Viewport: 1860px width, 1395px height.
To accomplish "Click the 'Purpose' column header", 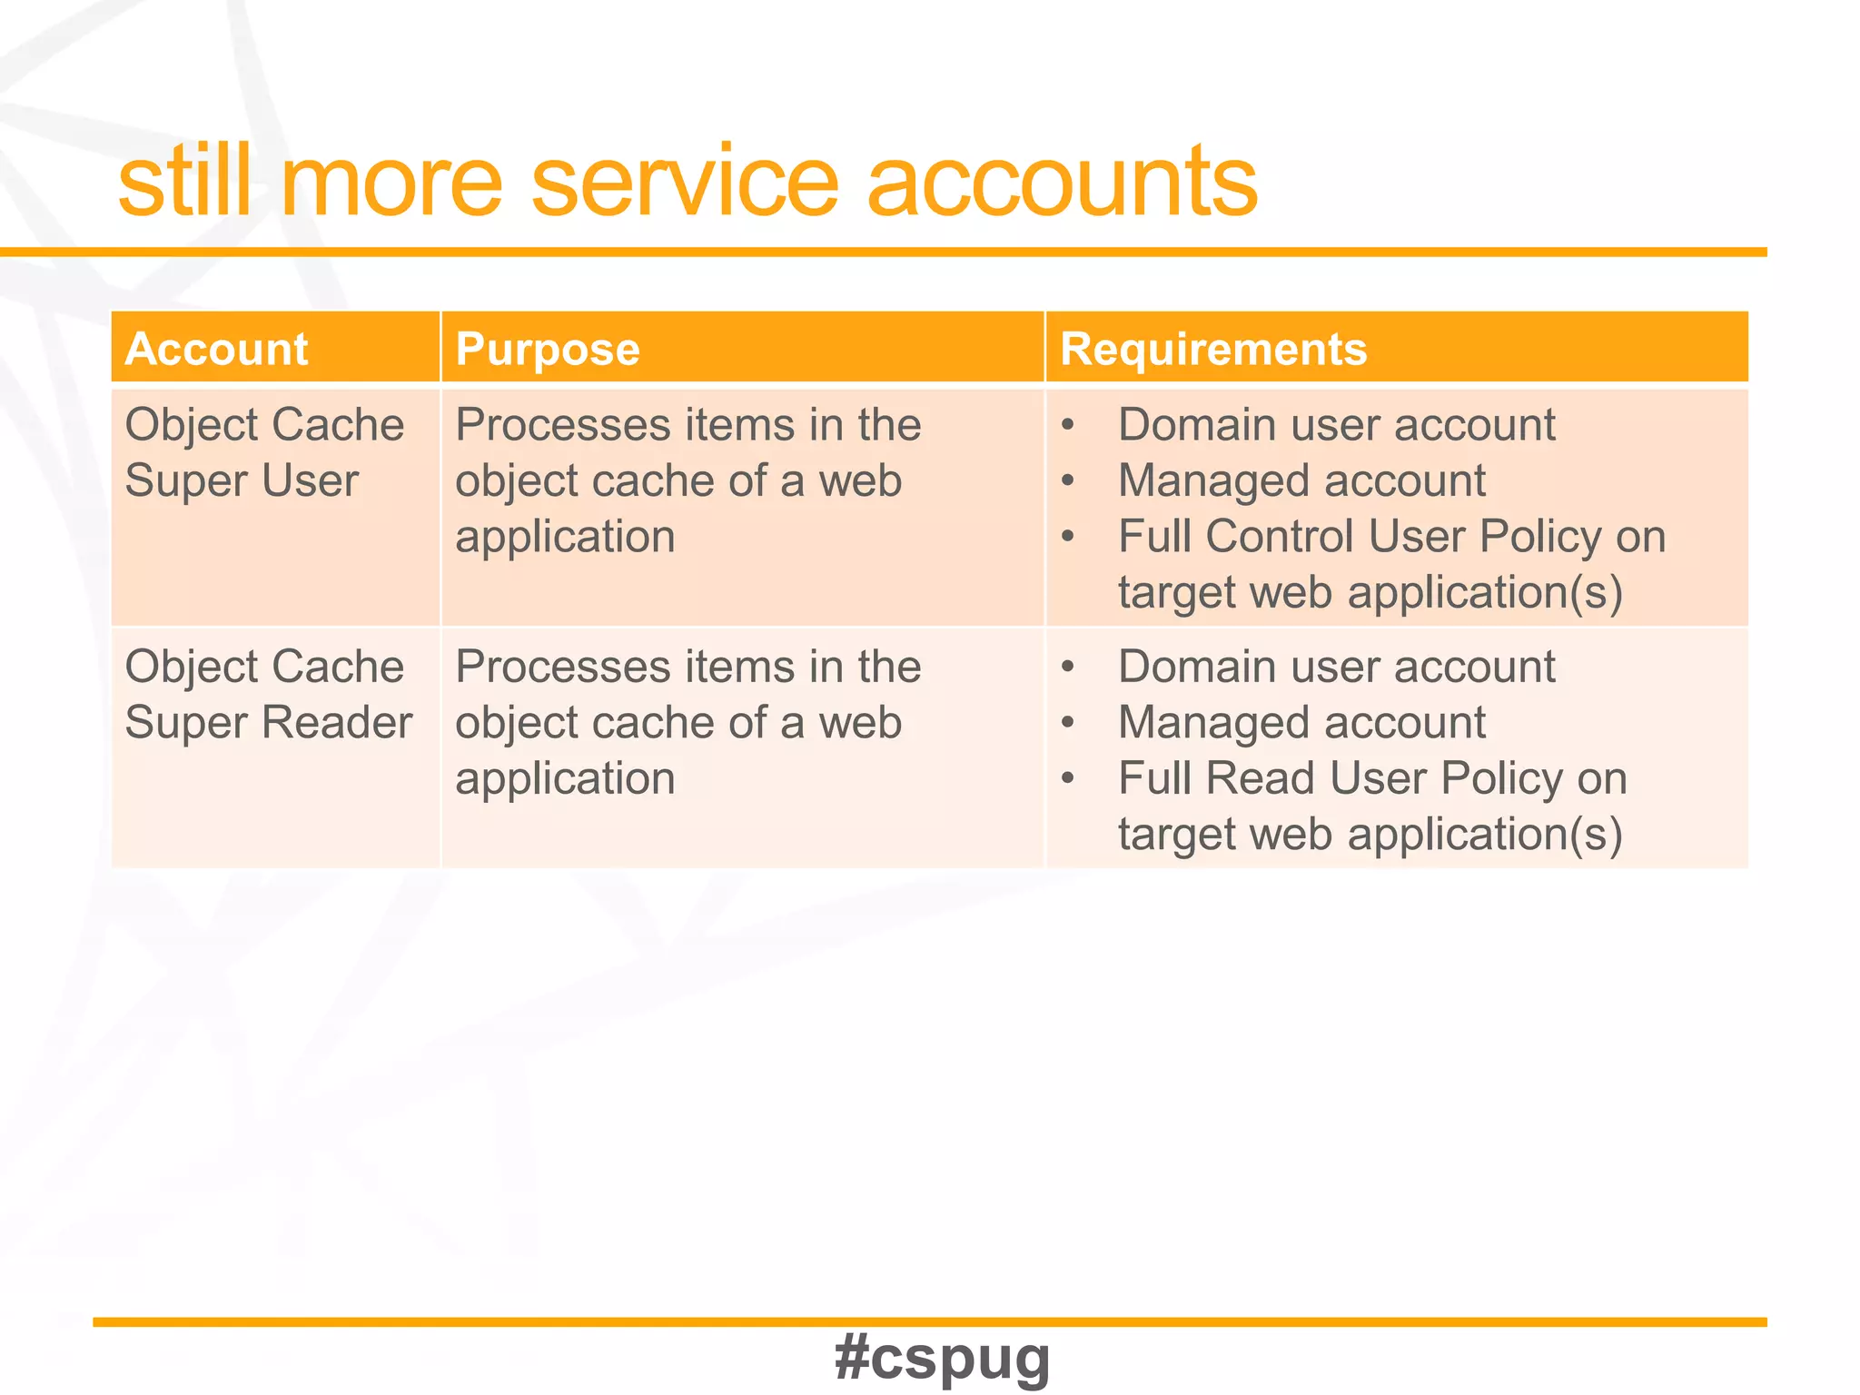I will [x=548, y=349].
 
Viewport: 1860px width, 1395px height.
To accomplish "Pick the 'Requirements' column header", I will [x=1213, y=349].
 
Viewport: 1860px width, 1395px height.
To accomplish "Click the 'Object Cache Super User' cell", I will [x=263, y=452].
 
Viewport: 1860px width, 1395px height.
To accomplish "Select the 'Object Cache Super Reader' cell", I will [x=268, y=694].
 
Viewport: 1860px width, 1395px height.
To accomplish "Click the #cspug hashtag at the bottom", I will [x=942, y=1358].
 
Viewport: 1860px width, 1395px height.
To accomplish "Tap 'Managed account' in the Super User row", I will [x=1301, y=480].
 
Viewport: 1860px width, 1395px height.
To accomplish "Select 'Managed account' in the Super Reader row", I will [x=1301, y=723].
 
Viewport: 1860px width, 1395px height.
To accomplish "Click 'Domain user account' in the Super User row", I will [x=1336, y=425].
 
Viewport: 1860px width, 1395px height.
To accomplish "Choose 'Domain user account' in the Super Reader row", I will [x=1336, y=667].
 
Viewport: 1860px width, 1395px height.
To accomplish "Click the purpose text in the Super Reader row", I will [x=688, y=723].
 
